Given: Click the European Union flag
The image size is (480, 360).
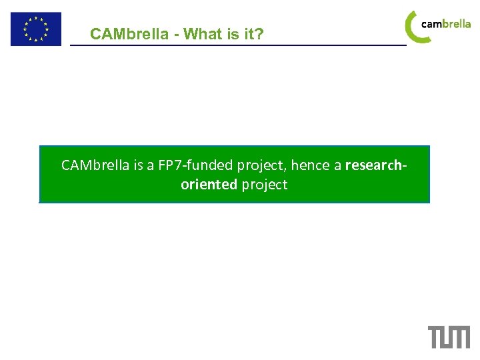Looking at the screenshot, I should click(x=35, y=29).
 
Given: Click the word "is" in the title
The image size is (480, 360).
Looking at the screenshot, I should click(x=233, y=34).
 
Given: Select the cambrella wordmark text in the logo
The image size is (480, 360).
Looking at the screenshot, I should click(x=446, y=24).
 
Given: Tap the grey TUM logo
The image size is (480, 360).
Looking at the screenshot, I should click(x=449, y=337).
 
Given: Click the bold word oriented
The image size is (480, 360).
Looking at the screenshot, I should click(x=209, y=185).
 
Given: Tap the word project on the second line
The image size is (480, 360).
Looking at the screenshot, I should click(x=265, y=185).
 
